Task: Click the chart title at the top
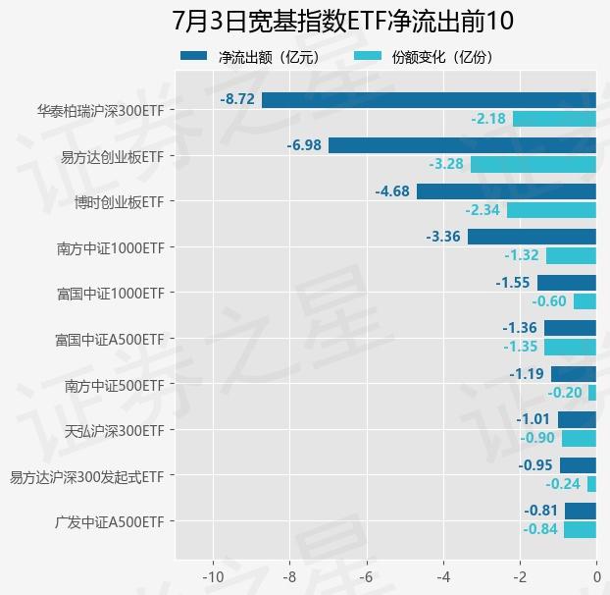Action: (342, 22)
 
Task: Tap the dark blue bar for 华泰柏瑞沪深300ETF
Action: (429, 100)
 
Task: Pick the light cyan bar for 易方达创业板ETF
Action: (534, 164)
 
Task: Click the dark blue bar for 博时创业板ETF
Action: (506, 191)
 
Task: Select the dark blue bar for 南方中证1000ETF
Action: (532, 237)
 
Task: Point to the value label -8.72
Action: (237, 100)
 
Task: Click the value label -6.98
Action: (304, 145)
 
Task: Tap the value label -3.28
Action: (446, 164)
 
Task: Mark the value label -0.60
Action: (549, 301)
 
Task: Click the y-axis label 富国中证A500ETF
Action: (109, 340)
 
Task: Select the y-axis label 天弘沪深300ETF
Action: (114, 431)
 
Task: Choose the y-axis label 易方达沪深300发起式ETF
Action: (86, 477)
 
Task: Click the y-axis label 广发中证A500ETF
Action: (109, 522)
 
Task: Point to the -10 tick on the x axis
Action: (212, 574)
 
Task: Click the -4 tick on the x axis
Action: (442, 574)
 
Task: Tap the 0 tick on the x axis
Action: (596, 574)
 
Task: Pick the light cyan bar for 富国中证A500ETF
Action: (570, 347)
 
